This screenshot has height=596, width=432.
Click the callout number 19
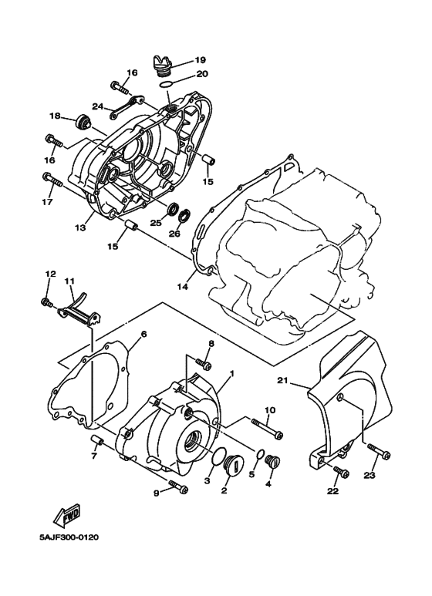[200, 60]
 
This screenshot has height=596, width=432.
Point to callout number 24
[98, 106]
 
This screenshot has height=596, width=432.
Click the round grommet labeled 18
[81, 121]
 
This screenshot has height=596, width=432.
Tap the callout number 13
[79, 228]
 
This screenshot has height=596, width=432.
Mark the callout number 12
[50, 274]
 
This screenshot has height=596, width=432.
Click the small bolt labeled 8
[202, 362]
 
